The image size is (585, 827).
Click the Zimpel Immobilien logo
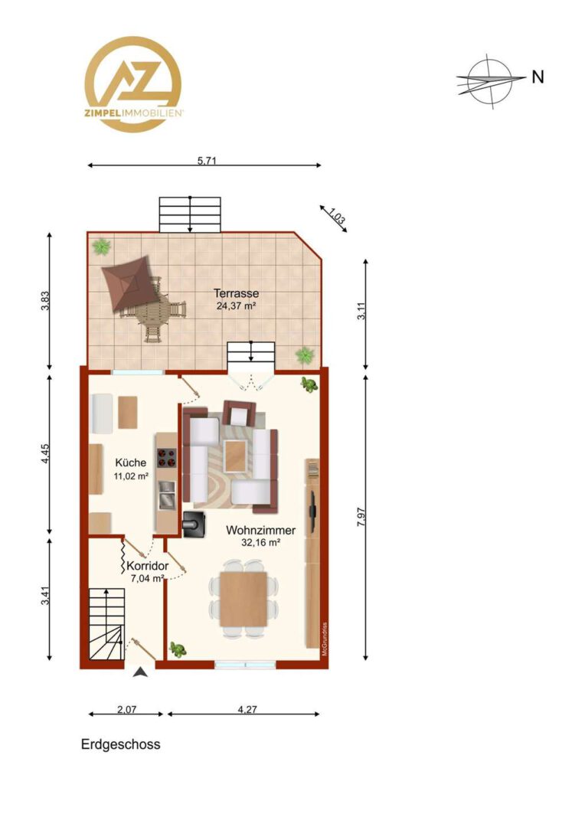tap(133, 84)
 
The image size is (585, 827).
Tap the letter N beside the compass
tap(538, 77)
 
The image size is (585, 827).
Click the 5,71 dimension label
tap(207, 160)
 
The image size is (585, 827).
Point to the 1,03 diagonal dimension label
tap(337, 217)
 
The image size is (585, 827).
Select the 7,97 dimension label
tap(361, 517)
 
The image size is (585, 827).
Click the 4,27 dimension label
tap(247, 709)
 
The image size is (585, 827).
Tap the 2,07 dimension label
tap(126, 709)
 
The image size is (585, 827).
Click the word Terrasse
tap(236, 293)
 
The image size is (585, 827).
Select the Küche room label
tap(131, 463)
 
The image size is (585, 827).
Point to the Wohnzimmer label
tap(260, 530)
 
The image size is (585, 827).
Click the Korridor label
tap(148, 566)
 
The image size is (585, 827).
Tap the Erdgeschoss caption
tap(121, 744)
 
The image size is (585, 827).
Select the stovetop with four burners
tap(167, 458)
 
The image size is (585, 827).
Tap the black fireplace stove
tap(194, 525)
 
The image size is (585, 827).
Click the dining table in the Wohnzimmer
tap(243, 599)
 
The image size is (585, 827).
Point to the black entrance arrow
tap(140, 672)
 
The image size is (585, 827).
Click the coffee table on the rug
tap(235, 456)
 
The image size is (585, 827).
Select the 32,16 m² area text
tap(260, 542)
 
